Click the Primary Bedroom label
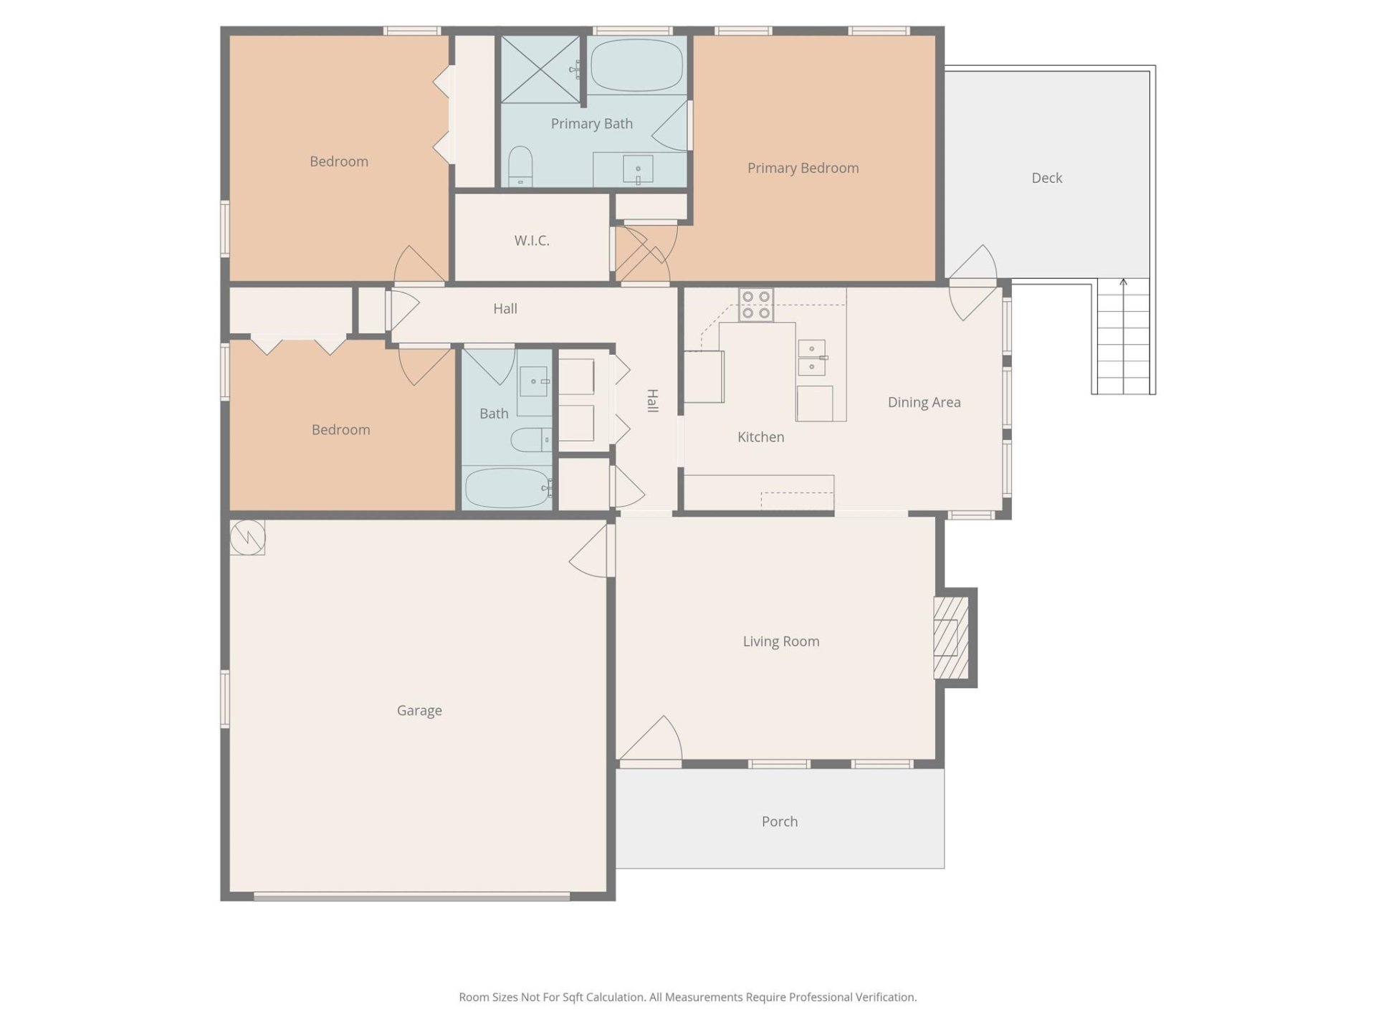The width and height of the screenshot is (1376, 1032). [x=803, y=168]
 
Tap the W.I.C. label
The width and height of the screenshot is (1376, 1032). [x=532, y=241]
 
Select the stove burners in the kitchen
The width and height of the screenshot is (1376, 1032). [x=756, y=305]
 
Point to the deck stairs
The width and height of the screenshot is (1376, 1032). [x=1123, y=337]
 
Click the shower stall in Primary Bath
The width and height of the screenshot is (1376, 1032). [x=540, y=69]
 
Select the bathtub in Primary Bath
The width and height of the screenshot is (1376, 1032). [x=636, y=65]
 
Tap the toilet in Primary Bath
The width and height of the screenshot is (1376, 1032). [x=520, y=166]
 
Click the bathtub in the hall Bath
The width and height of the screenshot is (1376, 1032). [x=507, y=488]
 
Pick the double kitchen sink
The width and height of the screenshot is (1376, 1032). [x=811, y=358]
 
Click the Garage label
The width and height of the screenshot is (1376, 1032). [x=419, y=710]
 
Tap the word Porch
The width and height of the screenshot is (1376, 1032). [x=779, y=821]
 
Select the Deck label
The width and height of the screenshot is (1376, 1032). [x=1046, y=178]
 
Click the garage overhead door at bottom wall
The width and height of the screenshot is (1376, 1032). [x=412, y=896]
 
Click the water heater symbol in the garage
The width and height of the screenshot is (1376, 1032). [x=248, y=537]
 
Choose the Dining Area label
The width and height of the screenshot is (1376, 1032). [x=924, y=402]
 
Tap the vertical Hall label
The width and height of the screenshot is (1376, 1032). [x=652, y=401]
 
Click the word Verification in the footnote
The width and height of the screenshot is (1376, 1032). [x=883, y=997]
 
